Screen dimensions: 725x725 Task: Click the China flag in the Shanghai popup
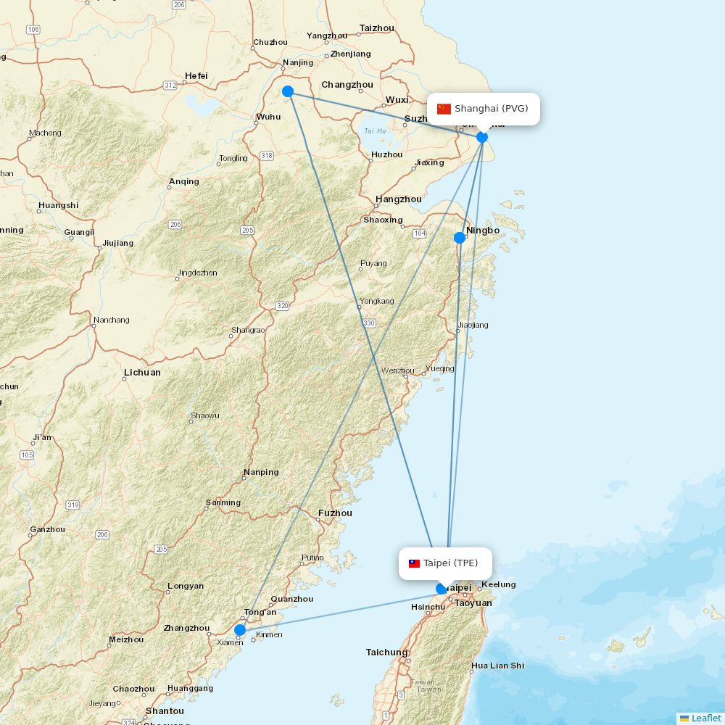tap(444, 109)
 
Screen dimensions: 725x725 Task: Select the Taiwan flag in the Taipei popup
tap(414, 563)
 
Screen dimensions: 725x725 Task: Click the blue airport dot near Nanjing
tap(288, 91)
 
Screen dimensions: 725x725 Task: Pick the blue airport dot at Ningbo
tap(460, 238)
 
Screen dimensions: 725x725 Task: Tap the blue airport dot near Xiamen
tap(240, 630)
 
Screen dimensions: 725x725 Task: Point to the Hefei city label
tap(196, 75)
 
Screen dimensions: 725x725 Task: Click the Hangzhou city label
tap(398, 199)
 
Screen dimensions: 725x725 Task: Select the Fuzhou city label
tap(335, 513)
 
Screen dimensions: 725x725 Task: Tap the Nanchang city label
tap(111, 320)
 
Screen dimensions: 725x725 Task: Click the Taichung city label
tap(386, 652)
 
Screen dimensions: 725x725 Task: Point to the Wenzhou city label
tap(398, 370)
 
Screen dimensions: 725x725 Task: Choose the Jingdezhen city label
tap(196, 273)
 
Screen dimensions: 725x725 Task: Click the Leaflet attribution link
tap(705, 718)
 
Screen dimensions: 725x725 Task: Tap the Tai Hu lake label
tap(375, 131)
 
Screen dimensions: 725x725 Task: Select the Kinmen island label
tap(270, 634)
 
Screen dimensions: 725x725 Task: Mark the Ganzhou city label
tap(47, 529)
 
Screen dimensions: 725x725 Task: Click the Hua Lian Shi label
tap(497, 666)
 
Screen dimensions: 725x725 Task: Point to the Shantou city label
tap(165, 710)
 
